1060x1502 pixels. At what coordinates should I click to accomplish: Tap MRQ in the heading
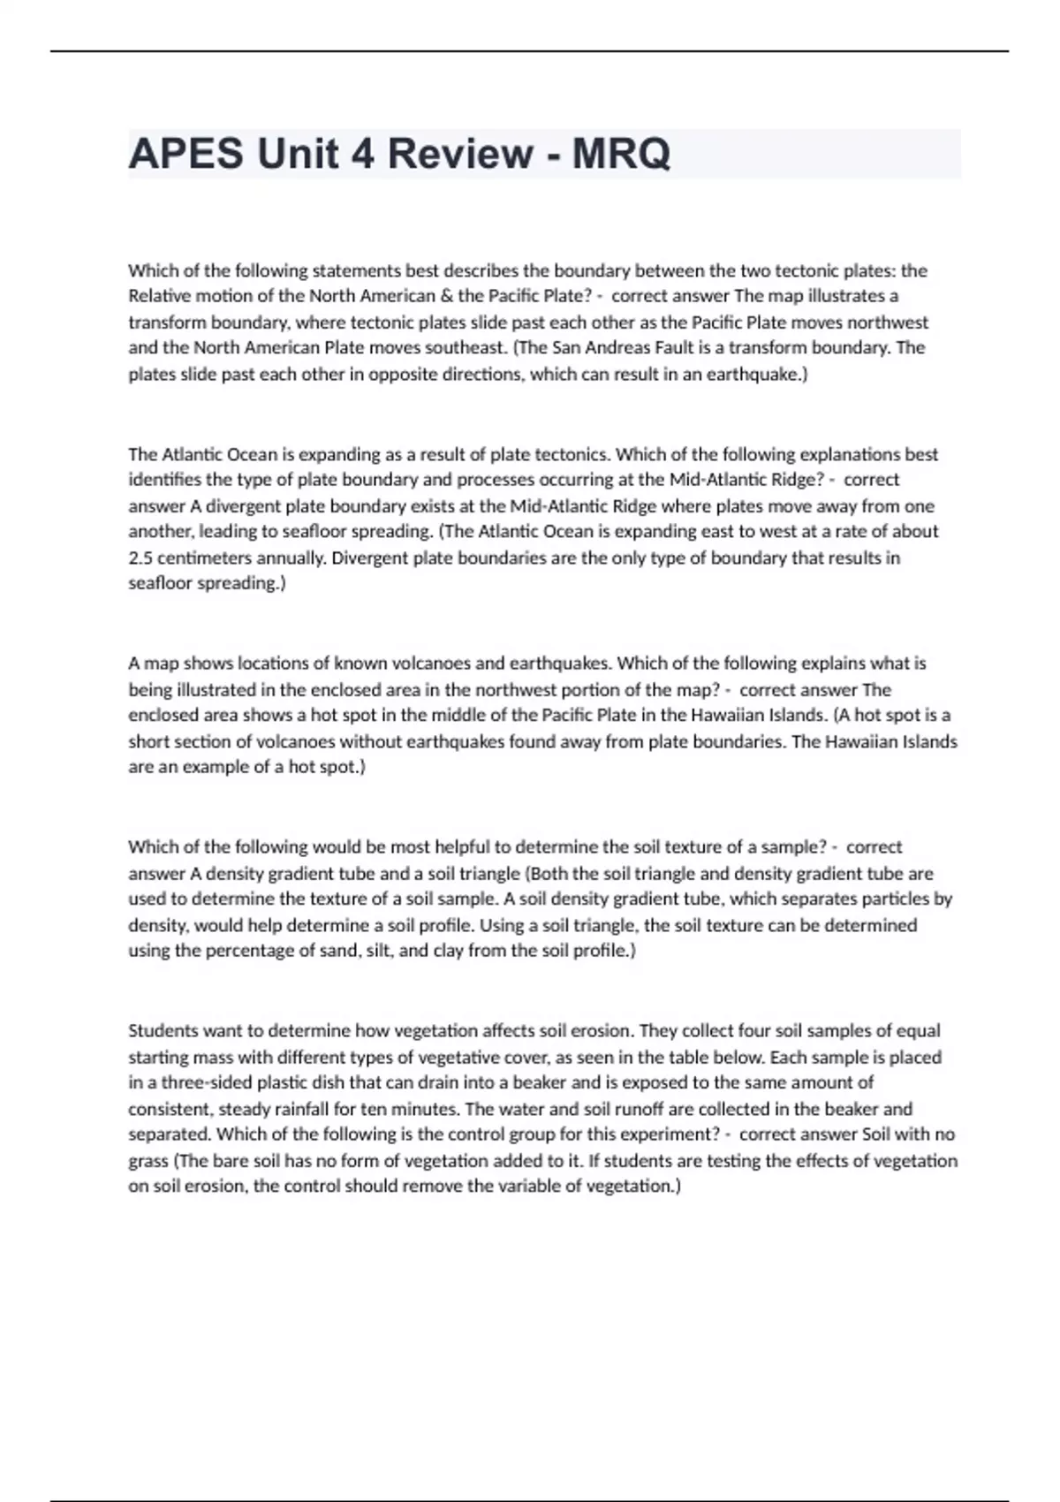coord(621,154)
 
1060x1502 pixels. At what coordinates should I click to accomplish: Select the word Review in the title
coord(460,154)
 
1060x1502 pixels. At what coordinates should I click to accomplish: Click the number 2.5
coord(141,558)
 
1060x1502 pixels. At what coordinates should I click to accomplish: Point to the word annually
coord(292,558)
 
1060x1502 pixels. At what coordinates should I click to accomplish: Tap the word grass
coord(148,1161)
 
